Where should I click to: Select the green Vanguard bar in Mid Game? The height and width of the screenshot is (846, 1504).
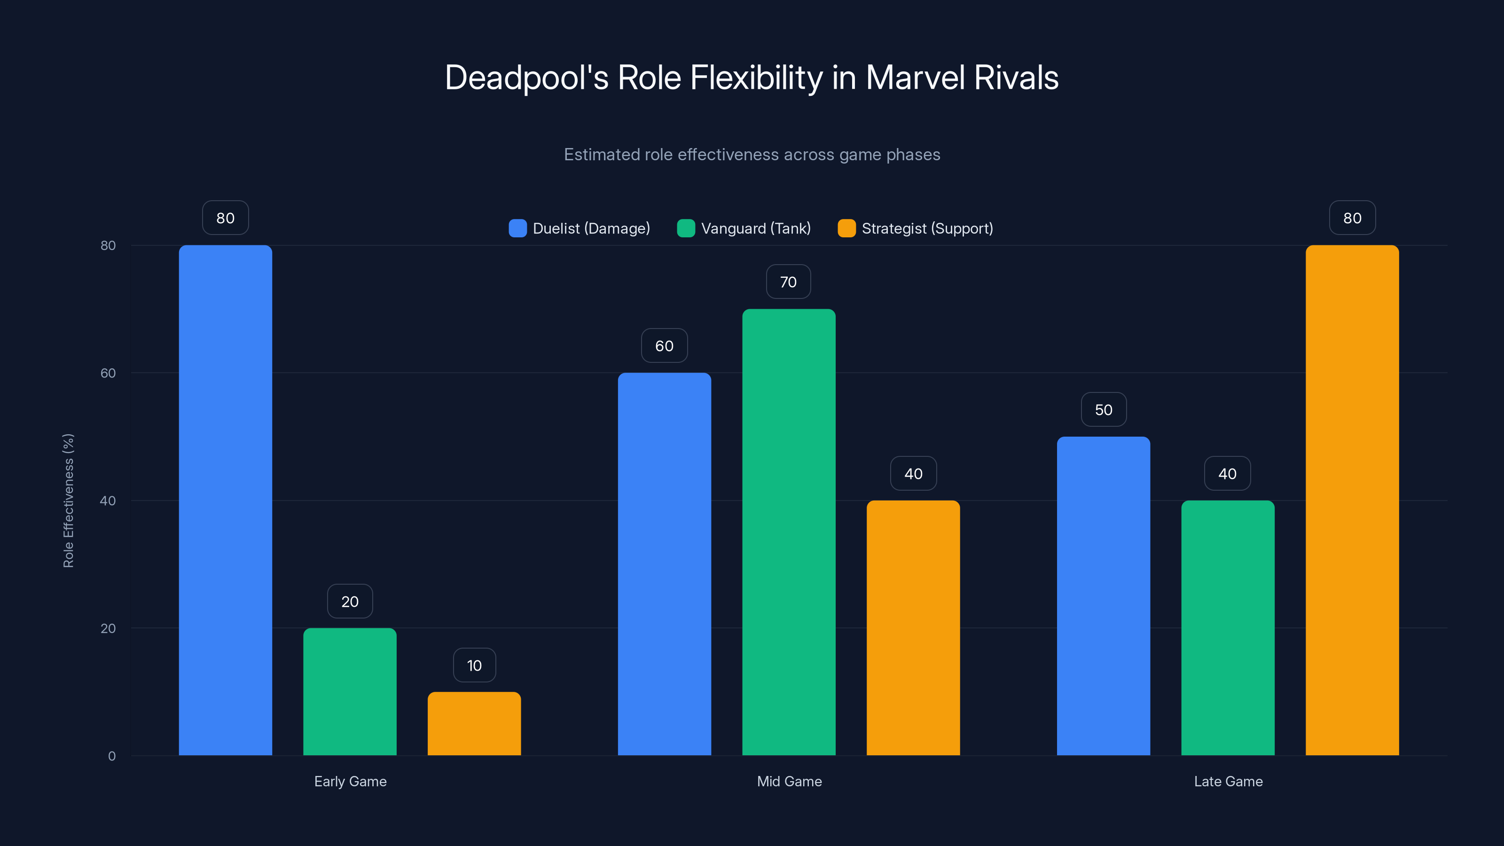pos(789,532)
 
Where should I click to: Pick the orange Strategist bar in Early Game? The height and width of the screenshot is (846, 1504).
pos(474,723)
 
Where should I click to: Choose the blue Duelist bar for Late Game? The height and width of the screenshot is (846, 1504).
pos(1104,595)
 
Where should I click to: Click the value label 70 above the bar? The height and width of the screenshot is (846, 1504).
pos(788,282)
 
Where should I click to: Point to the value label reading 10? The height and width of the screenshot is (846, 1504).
pos(474,666)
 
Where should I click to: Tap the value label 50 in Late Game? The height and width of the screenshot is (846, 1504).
pos(1104,410)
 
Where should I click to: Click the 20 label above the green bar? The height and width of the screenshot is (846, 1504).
pos(350,602)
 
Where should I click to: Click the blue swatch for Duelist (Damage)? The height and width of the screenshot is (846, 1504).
pos(517,228)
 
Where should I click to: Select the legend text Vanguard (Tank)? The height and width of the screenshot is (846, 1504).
pos(755,228)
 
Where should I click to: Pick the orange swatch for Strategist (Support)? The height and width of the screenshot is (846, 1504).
pos(846,228)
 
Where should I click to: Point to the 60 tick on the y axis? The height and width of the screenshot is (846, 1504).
pos(108,373)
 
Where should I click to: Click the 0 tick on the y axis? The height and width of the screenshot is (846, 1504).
pos(111,756)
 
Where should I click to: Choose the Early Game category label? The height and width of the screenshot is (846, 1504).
pos(350,781)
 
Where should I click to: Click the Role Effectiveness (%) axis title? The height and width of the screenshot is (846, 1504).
pos(68,501)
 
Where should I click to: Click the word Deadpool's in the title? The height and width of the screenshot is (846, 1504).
pos(526,78)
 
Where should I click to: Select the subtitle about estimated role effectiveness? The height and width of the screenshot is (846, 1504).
pos(752,155)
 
